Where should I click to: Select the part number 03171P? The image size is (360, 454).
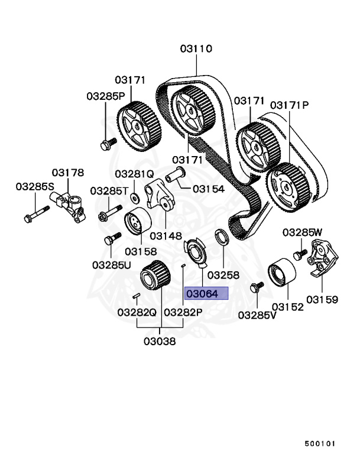click(290, 105)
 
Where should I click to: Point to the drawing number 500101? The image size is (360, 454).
click(321, 442)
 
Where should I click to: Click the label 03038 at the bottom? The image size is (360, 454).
click(159, 341)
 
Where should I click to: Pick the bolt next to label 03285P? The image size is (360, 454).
click(108, 142)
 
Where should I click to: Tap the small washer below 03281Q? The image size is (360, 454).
click(135, 196)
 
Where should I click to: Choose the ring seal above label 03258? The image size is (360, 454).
click(222, 238)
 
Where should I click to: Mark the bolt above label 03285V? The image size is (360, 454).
click(256, 287)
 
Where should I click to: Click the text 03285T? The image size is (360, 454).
click(109, 191)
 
